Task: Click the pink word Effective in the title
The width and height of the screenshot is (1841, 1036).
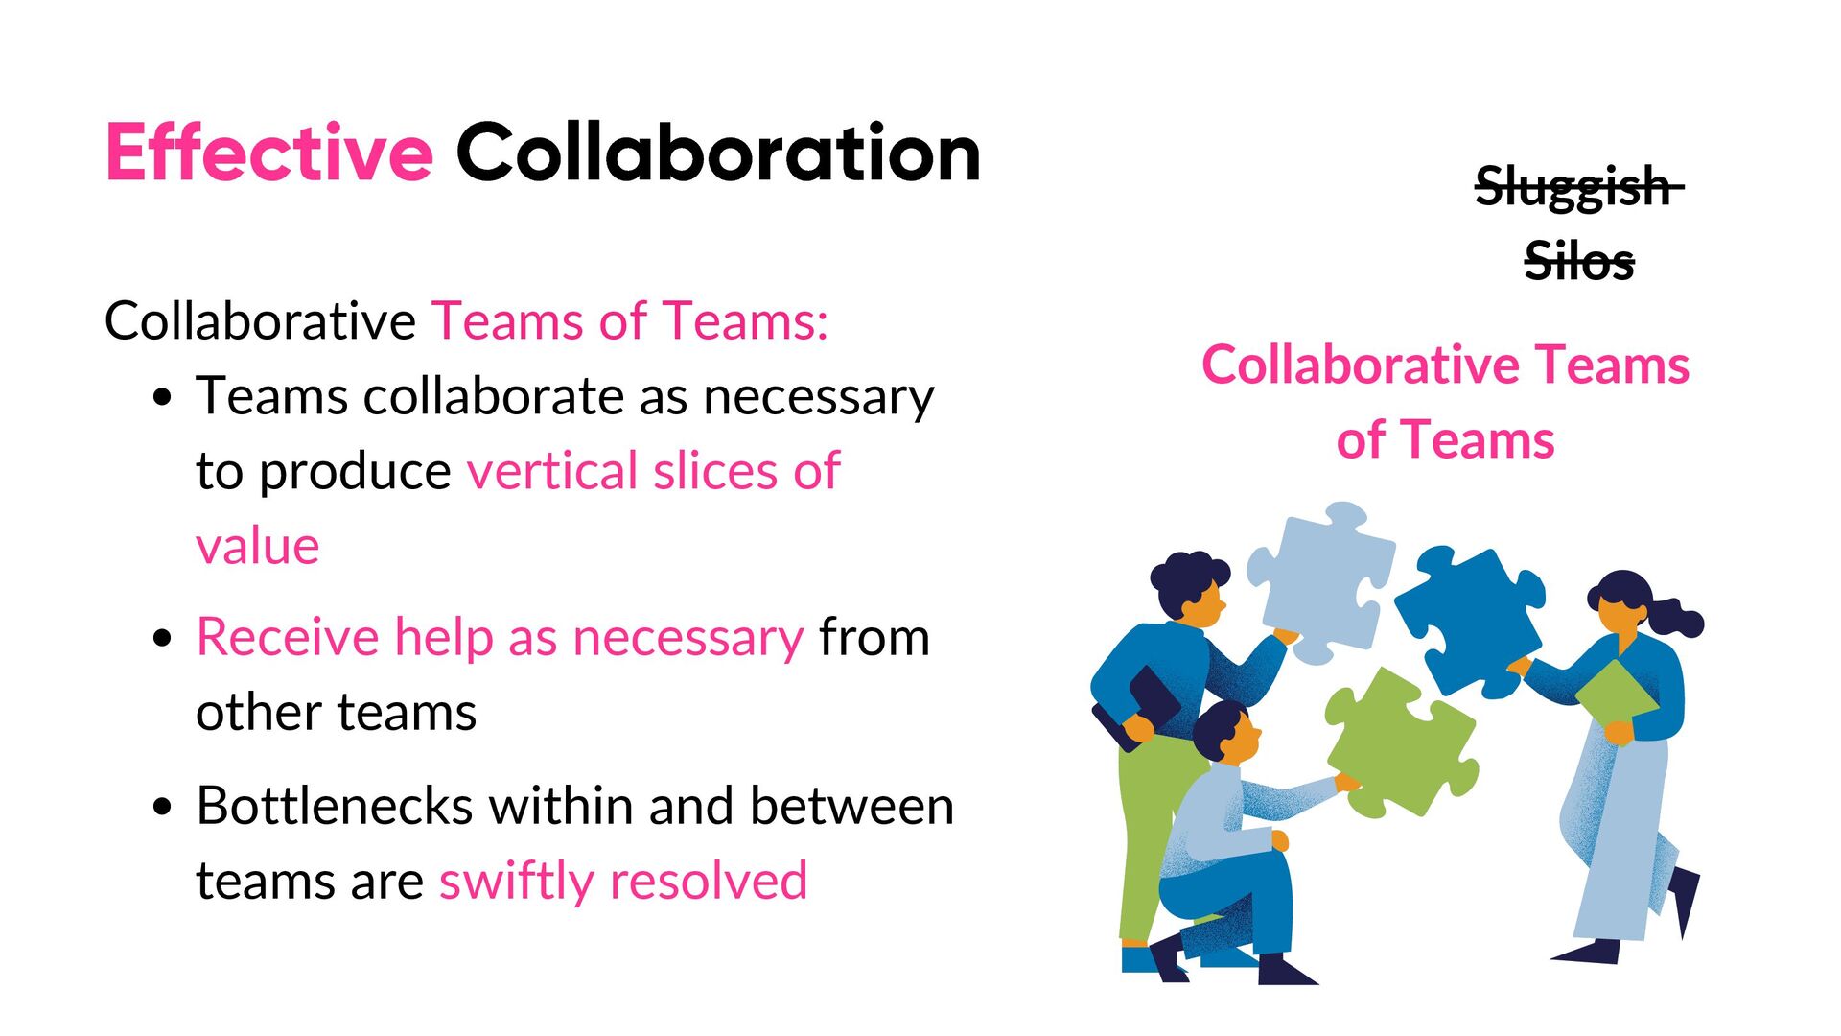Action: pyautogui.click(x=268, y=153)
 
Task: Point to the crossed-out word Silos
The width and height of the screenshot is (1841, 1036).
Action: pyautogui.click(x=1578, y=261)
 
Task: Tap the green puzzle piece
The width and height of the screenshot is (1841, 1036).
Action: pyautogui.click(x=1400, y=743)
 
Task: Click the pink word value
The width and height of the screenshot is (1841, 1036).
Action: pyautogui.click(x=257, y=547)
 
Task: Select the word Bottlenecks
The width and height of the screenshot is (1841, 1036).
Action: pyautogui.click(x=335, y=806)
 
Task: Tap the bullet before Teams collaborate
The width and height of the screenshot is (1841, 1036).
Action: pyautogui.click(x=163, y=397)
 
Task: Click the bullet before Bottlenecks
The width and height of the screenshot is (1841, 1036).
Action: pyautogui.click(x=163, y=807)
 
